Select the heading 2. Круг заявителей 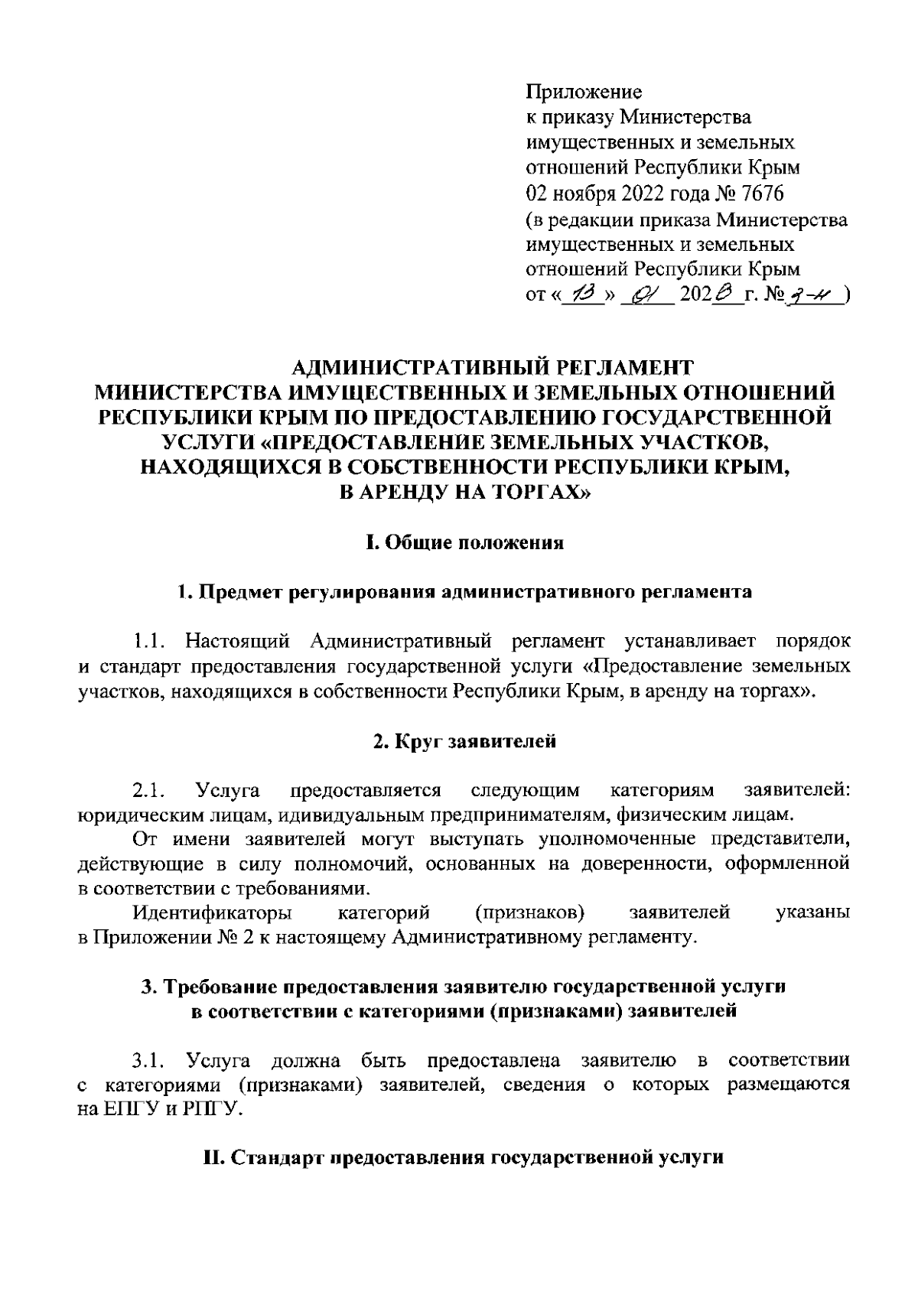point(464,741)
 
